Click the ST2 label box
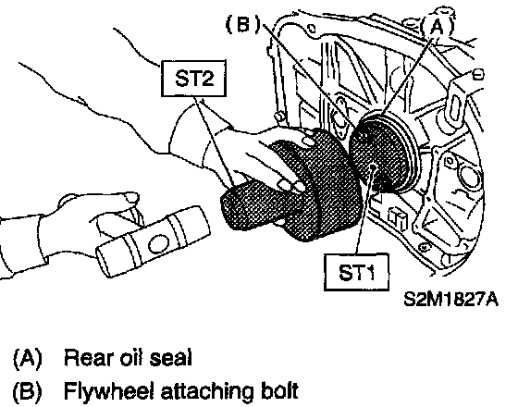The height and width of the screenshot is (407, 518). click(x=194, y=79)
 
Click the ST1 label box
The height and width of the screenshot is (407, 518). click(x=356, y=272)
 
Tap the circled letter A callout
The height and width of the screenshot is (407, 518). click(x=437, y=27)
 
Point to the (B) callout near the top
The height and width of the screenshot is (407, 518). click(x=242, y=24)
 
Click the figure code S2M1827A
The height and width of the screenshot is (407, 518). click(x=451, y=300)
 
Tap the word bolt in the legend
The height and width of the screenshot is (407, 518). click(x=279, y=390)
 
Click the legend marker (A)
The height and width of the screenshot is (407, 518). click(x=28, y=358)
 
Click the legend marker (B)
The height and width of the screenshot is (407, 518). click(x=28, y=391)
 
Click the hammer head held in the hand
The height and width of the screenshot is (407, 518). click(x=154, y=241)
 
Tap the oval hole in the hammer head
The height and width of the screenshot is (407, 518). click(x=159, y=244)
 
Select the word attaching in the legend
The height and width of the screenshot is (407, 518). click(x=207, y=392)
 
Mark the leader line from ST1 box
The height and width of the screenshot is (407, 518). click(x=364, y=211)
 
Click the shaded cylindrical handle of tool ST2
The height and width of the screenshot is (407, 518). click(x=251, y=204)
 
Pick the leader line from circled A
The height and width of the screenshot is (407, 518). click(x=408, y=77)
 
